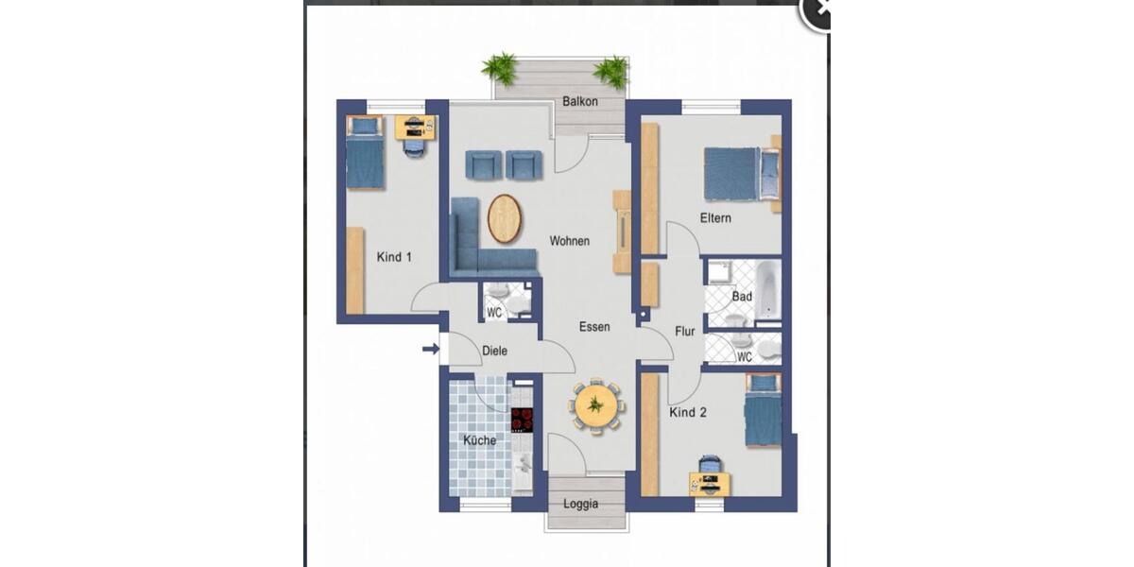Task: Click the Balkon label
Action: click(x=580, y=101)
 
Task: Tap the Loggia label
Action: click(x=580, y=504)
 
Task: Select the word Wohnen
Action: click(x=570, y=241)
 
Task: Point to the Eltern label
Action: click(x=715, y=218)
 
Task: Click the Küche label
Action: click(x=479, y=440)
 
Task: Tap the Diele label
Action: click(x=494, y=351)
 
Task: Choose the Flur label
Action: click(x=685, y=332)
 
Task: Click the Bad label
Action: click(x=742, y=297)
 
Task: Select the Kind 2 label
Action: click(x=688, y=413)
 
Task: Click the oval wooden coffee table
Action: click(x=505, y=219)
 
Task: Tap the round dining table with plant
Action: click(x=595, y=405)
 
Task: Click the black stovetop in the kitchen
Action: click(x=523, y=420)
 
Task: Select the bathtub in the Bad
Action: click(x=767, y=288)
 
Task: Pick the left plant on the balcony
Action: click(x=500, y=68)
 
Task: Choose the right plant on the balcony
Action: click(x=612, y=71)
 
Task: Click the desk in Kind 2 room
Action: click(x=710, y=482)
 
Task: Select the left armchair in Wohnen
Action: click(x=484, y=164)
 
